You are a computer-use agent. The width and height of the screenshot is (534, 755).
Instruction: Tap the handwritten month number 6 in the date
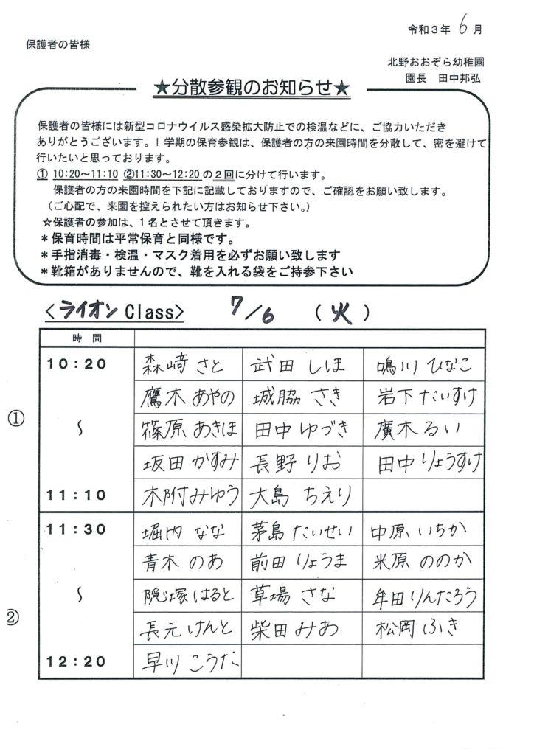pyautogui.click(x=460, y=27)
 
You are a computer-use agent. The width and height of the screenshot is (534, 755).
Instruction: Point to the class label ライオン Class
pyautogui.click(x=112, y=312)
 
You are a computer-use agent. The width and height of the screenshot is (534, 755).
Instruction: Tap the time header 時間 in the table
pyautogui.click(x=88, y=338)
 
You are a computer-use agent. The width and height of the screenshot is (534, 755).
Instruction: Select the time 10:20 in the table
pyautogui.click(x=77, y=363)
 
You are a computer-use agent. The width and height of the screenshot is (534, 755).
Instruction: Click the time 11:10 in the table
pyautogui.click(x=77, y=493)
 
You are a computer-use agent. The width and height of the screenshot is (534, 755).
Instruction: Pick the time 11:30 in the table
pyautogui.click(x=77, y=528)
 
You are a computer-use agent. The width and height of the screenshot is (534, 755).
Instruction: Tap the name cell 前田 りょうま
pyautogui.click(x=302, y=563)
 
